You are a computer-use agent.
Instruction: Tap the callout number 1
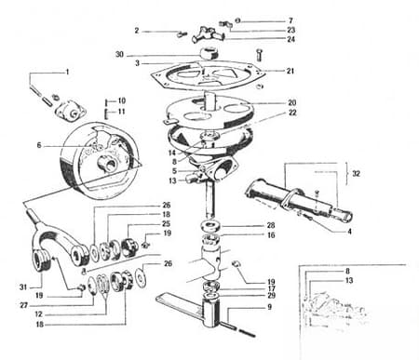66,72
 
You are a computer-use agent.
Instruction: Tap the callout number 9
268,306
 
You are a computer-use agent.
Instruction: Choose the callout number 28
271,225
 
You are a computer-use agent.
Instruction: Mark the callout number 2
137,31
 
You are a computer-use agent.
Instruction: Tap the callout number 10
121,100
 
